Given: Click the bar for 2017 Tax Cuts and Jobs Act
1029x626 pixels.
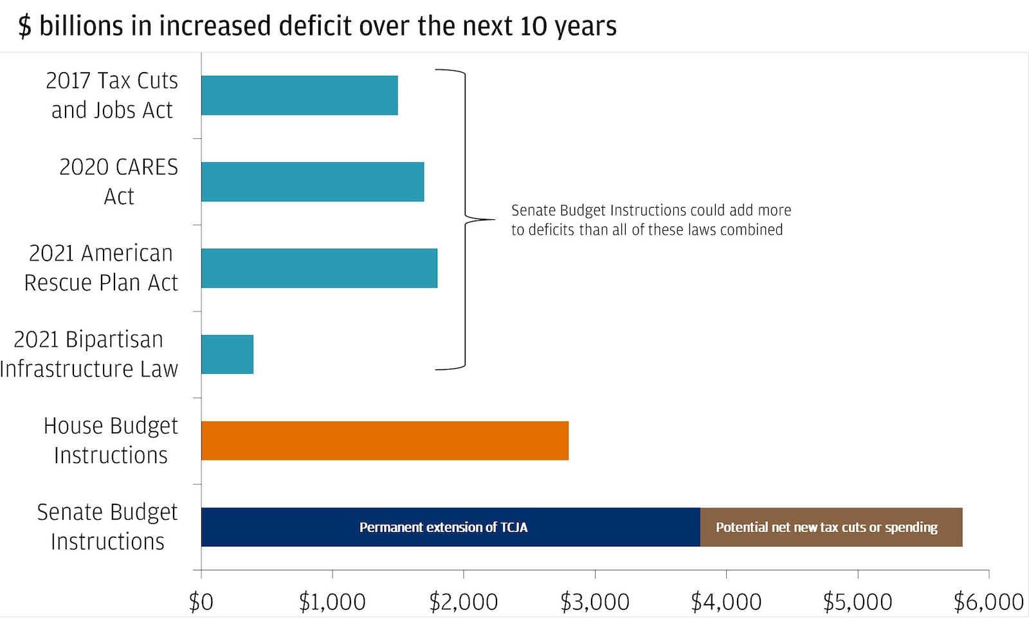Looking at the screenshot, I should (x=299, y=95).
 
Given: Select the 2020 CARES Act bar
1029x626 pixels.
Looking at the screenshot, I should (x=313, y=181).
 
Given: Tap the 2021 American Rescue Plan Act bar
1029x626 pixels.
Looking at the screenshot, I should (x=319, y=268).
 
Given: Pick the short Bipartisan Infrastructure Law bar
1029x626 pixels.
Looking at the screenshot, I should (x=227, y=354).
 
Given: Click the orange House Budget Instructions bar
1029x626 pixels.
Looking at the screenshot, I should (x=385, y=441).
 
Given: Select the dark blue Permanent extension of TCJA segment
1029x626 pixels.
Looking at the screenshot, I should (x=450, y=527).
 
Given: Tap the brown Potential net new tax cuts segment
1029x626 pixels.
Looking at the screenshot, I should (x=831, y=527).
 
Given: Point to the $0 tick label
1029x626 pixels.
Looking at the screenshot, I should (x=201, y=602).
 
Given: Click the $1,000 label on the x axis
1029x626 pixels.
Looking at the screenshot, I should (x=332, y=602).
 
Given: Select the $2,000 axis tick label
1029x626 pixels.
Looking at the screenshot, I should (x=463, y=602).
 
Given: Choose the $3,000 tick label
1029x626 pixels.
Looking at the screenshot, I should (x=594, y=602).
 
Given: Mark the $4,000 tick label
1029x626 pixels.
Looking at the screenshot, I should (x=726, y=602).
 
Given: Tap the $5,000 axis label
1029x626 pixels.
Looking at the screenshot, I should (x=857, y=602).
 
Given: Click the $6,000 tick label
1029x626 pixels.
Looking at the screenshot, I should (x=988, y=602).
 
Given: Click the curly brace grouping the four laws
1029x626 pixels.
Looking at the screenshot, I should (x=466, y=219).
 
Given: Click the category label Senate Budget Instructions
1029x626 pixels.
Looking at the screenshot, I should (x=107, y=526).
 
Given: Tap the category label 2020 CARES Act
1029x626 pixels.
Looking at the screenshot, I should (x=119, y=181).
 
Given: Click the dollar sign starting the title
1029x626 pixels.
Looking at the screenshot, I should (x=24, y=26).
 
